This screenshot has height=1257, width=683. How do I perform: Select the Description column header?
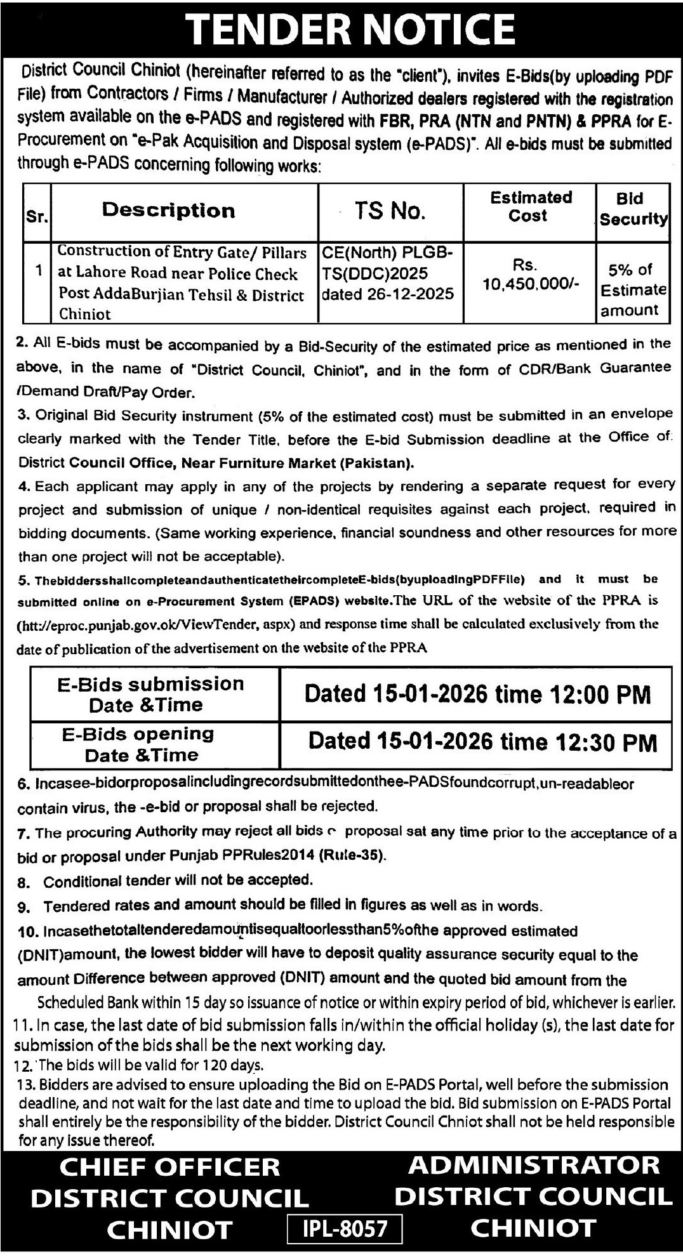click(168, 211)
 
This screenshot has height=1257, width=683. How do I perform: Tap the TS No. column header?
click(389, 211)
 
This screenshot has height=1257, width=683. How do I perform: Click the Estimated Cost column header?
click(530, 206)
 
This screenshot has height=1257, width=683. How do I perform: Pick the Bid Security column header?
click(633, 209)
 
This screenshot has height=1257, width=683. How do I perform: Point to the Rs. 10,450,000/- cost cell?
click(530, 275)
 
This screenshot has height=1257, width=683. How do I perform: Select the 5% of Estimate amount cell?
click(633, 290)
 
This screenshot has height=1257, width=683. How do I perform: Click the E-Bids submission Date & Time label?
click(150, 694)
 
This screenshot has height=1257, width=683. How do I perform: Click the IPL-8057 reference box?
click(345, 1228)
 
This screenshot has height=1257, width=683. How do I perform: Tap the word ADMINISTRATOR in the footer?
click(533, 1165)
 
